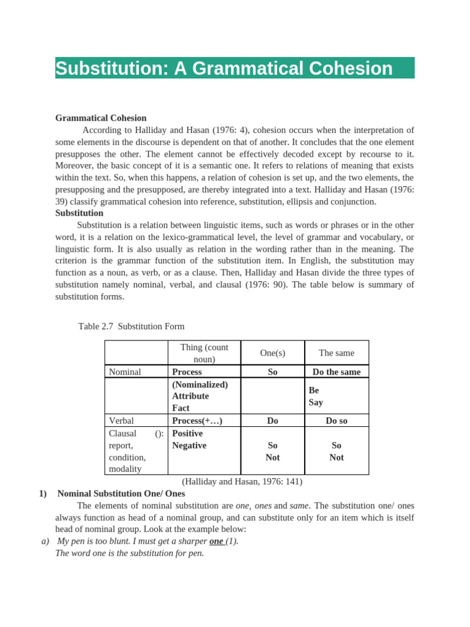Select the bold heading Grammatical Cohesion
101,118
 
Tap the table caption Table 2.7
97,326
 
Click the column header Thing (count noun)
204,353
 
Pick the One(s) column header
272,353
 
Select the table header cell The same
336,353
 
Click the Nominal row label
125,372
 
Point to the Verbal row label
121,421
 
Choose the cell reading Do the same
336,372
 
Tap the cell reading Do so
336,421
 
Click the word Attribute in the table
190,396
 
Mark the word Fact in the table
181,408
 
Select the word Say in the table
316,402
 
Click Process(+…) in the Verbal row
197,421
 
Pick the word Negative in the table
189,445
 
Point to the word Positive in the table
187,433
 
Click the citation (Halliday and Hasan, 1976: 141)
242,481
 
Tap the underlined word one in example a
216,541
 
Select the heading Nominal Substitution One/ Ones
121,493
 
